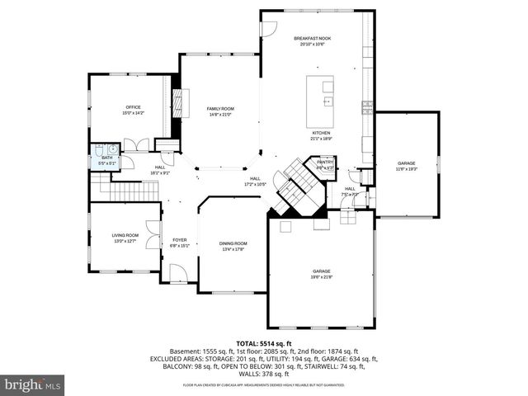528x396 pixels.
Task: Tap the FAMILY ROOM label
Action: tap(220, 111)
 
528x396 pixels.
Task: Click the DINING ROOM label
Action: tap(233, 245)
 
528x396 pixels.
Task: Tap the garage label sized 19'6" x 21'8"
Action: tap(321, 273)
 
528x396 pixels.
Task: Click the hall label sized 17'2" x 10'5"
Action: tap(255, 181)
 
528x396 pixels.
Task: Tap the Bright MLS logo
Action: tap(33, 384)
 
